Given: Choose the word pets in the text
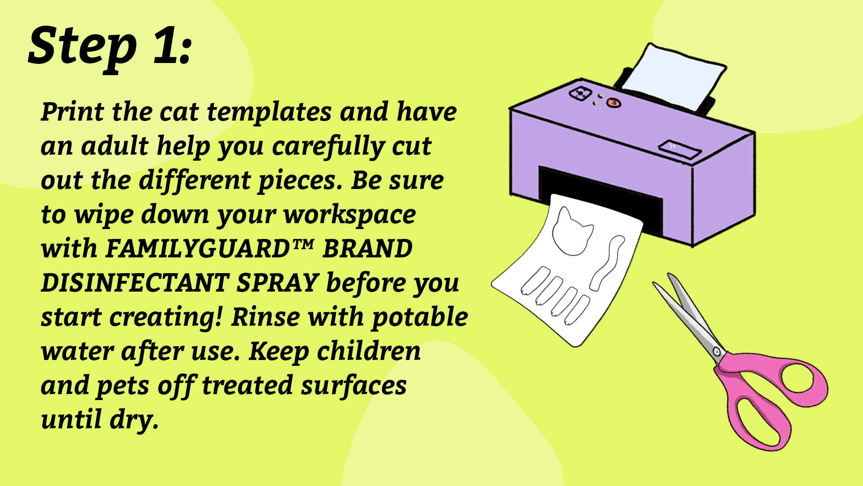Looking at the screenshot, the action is [x=122, y=386].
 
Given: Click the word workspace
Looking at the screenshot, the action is [x=349, y=215].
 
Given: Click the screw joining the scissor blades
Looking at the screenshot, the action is [x=717, y=351].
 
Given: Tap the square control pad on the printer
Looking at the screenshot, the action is [x=580, y=93].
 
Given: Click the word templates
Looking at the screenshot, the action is [x=269, y=112].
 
